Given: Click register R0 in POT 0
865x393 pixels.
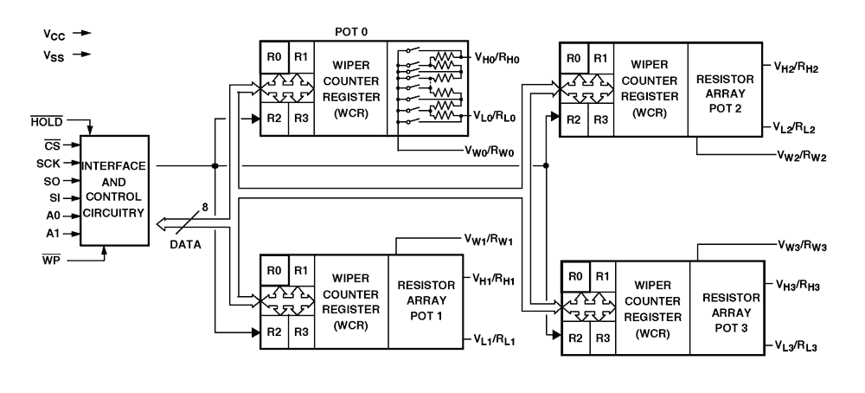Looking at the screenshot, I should pos(274,57).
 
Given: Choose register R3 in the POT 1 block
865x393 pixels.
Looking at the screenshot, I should pos(300,332).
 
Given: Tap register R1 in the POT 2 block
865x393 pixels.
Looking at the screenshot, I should pos(599,59).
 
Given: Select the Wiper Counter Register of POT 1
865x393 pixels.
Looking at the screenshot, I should pos(351,301).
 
